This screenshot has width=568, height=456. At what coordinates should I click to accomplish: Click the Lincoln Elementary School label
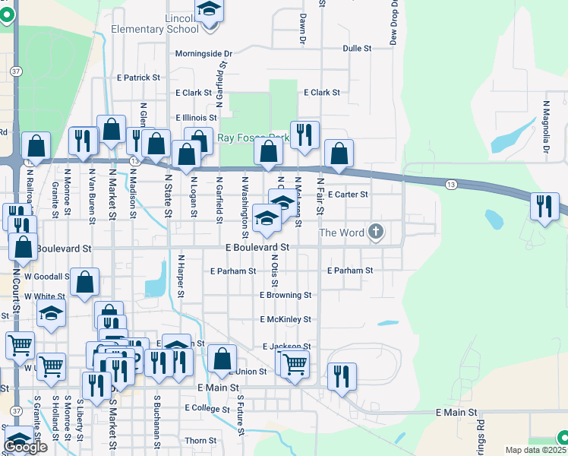coord(165,24)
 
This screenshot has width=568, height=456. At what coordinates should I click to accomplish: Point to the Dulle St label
coord(357,48)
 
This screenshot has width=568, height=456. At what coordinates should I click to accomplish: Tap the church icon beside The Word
coord(376,232)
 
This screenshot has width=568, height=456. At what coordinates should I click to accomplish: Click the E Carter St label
coord(347,195)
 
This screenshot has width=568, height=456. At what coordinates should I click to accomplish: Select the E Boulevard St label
coord(257,248)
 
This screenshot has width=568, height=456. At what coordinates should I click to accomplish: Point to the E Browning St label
coord(286,295)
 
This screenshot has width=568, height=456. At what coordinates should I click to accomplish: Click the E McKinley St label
coord(286,320)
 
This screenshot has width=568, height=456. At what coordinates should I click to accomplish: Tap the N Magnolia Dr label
coord(545,127)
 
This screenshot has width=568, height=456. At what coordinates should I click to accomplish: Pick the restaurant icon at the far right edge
coord(544,206)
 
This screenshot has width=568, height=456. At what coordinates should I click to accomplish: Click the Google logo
coord(25,447)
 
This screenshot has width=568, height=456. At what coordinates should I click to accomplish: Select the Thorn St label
coord(200,441)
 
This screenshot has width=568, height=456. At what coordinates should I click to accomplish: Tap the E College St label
coord(207,408)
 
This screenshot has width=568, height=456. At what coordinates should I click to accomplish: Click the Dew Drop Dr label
coord(394,22)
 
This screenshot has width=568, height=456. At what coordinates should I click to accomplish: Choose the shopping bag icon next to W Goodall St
coord(85,280)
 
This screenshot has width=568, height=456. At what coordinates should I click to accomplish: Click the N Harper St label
coord(181,276)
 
